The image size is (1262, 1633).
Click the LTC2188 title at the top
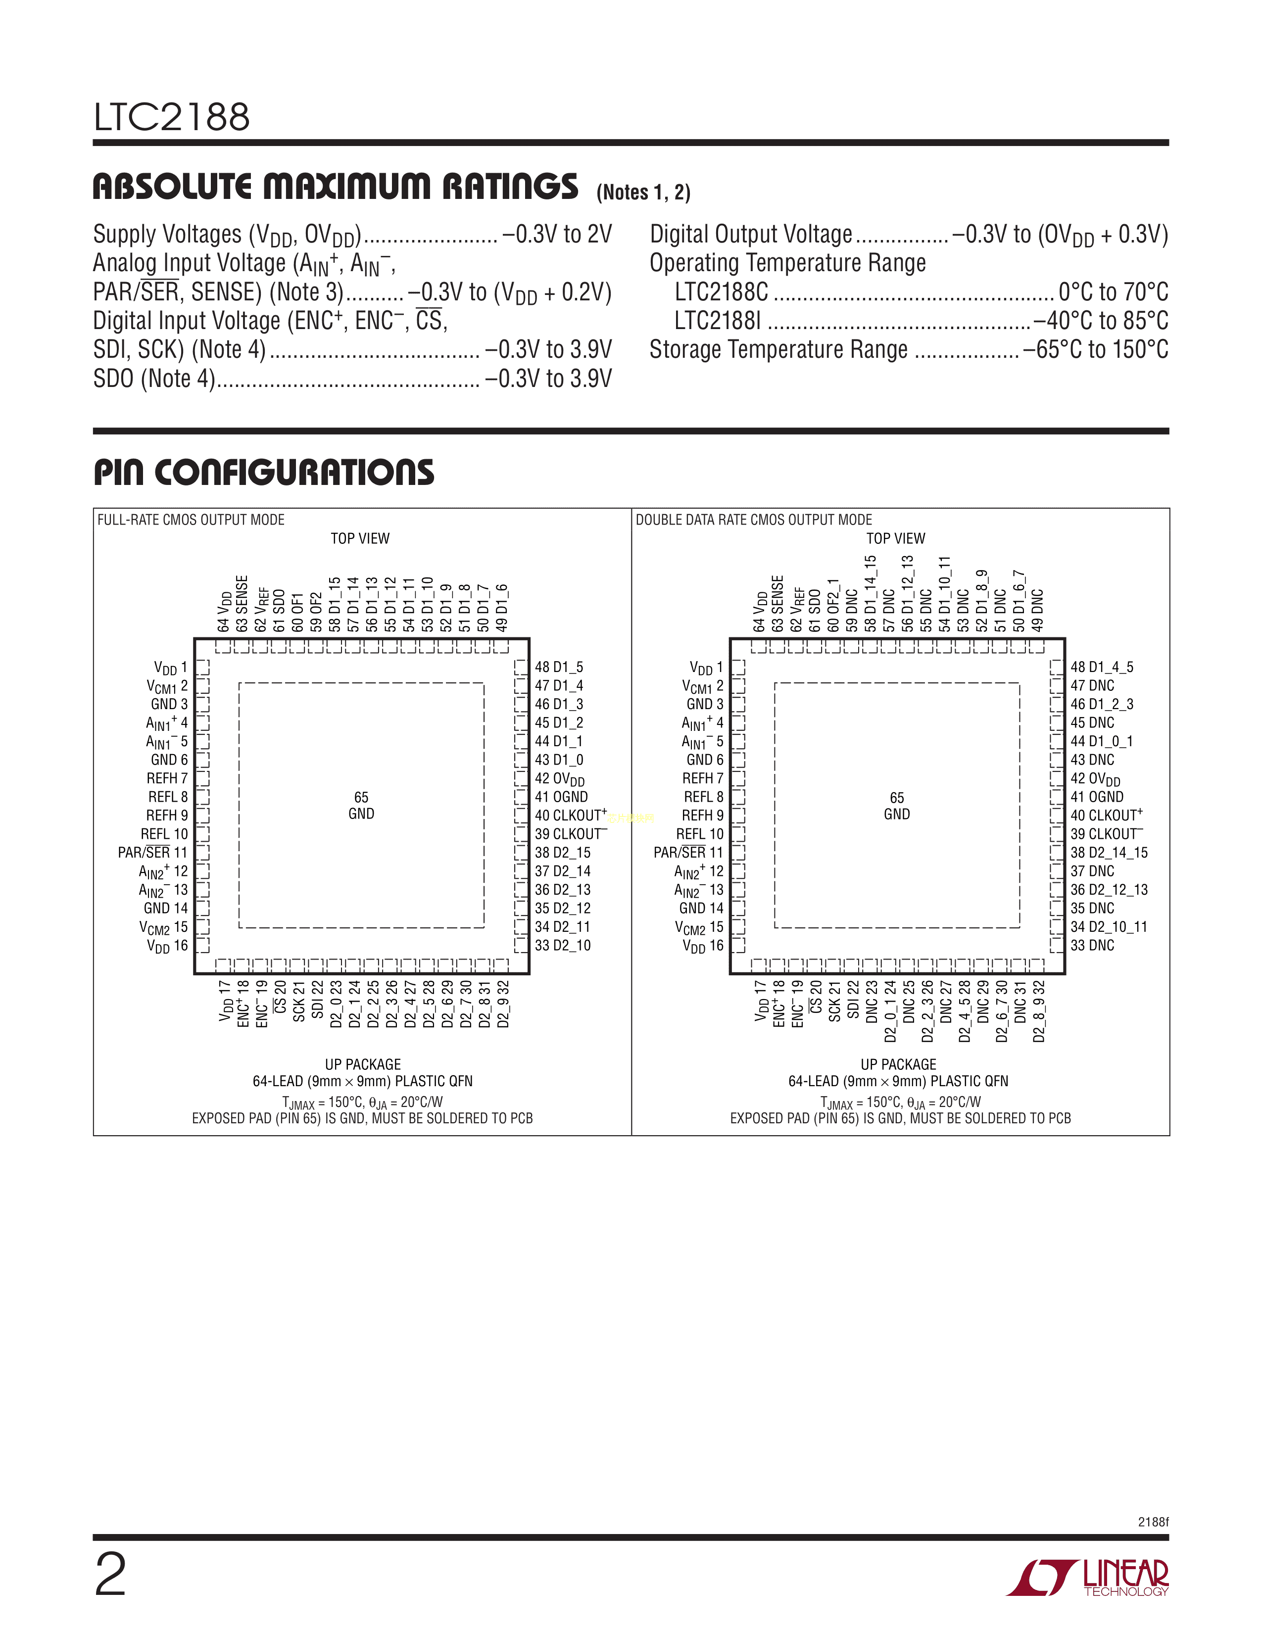(171, 117)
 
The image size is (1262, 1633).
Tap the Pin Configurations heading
(263, 473)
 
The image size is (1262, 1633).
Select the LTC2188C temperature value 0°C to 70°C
(1113, 291)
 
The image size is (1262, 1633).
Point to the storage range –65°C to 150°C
(1095, 350)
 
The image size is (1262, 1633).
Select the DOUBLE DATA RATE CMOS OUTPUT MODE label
(754, 520)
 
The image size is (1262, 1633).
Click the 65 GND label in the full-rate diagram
(361, 805)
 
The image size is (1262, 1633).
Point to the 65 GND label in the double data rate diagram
(896, 805)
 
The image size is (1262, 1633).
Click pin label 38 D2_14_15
(1108, 853)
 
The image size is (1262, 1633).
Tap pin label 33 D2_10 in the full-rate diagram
(562, 945)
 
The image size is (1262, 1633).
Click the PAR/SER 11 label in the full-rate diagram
(152, 853)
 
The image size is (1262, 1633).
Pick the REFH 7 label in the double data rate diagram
(702, 778)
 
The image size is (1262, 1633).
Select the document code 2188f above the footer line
(1153, 1522)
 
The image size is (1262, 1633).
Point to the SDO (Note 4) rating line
(351, 379)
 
